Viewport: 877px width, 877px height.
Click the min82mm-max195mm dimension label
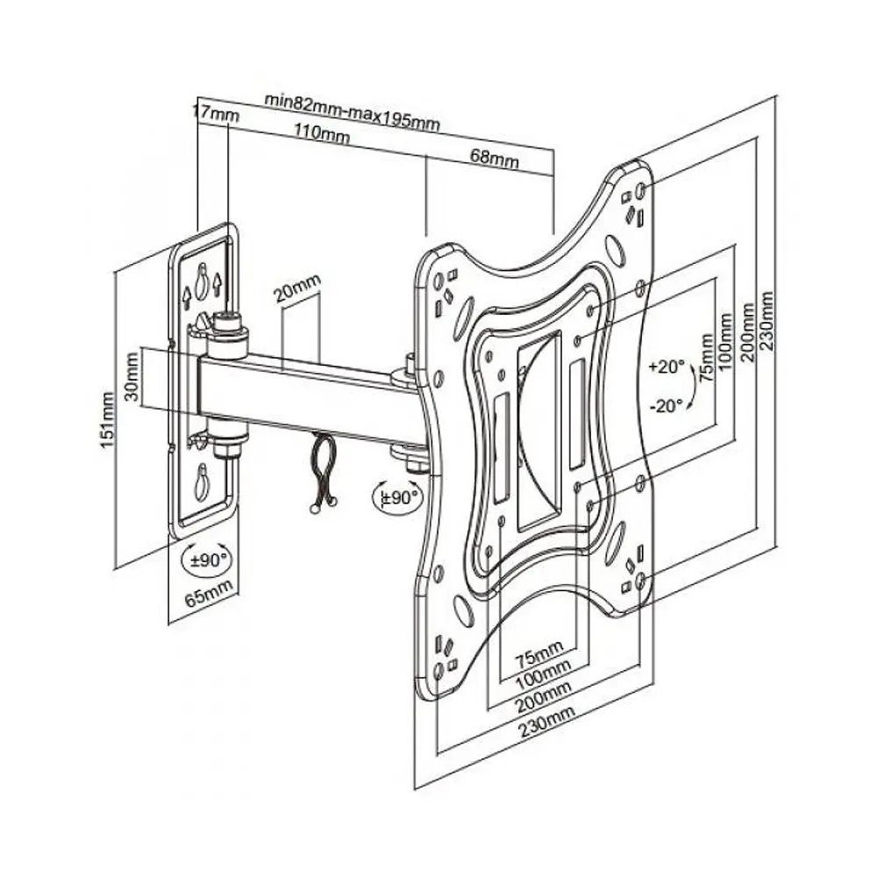point(352,112)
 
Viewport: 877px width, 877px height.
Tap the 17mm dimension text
point(216,112)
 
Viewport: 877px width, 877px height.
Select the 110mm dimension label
point(322,133)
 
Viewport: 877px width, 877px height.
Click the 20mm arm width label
point(297,288)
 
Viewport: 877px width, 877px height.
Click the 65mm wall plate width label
point(209,593)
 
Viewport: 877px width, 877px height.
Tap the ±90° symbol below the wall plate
point(207,560)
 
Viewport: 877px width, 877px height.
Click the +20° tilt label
point(667,367)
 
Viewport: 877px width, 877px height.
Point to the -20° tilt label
point(667,405)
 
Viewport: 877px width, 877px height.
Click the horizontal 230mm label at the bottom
point(546,722)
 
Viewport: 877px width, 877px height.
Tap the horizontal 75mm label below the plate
point(538,654)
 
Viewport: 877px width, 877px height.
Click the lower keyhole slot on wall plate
point(202,482)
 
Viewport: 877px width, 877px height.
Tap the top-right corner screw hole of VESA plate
point(641,190)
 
